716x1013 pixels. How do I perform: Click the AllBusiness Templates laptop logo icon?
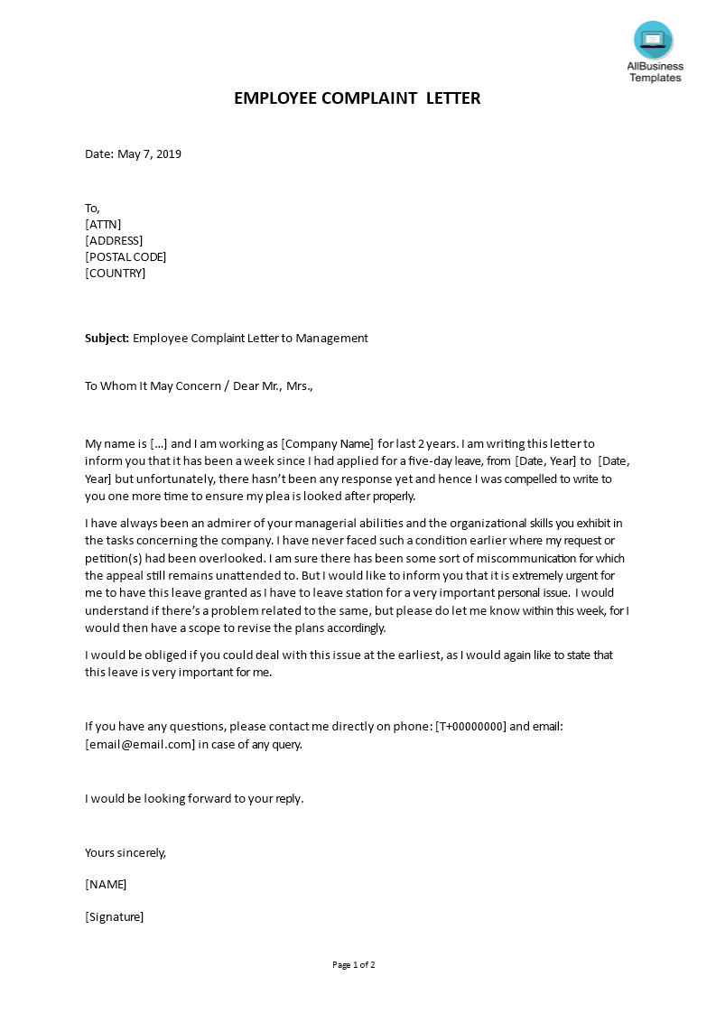pyautogui.click(x=653, y=41)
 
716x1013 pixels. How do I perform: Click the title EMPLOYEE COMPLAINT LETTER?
pyautogui.click(x=358, y=98)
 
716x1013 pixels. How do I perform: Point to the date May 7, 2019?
pyautogui.click(x=149, y=153)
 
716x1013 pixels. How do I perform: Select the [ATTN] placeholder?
pyautogui.click(x=103, y=224)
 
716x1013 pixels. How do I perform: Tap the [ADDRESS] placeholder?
pyautogui.click(x=114, y=240)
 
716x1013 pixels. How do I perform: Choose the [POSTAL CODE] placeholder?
pyautogui.click(x=126, y=256)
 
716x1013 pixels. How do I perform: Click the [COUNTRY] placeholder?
pyautogui.click(x=115, y=273)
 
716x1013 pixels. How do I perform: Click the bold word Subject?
pyautogui.click(x=107, y=338)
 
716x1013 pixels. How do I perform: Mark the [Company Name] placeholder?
pyautogui.click(x=328, y=443)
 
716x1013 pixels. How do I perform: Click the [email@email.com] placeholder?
pyautogui.click(x=140, y=744)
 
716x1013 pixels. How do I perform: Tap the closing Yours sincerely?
pyautogui.click(x=126, y=852)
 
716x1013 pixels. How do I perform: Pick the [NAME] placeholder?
pyautogui.click(x=106, y=884)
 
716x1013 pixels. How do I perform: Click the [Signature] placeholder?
pyautogui.click(x=115, y=916)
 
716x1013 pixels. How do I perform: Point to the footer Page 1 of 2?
pyautogui.click(x=354, y=964)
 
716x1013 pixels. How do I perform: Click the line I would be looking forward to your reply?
pyautogui.click(x=194, y=798)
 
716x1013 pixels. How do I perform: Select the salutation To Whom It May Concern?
pyautogui.click(x=153, y=386)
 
